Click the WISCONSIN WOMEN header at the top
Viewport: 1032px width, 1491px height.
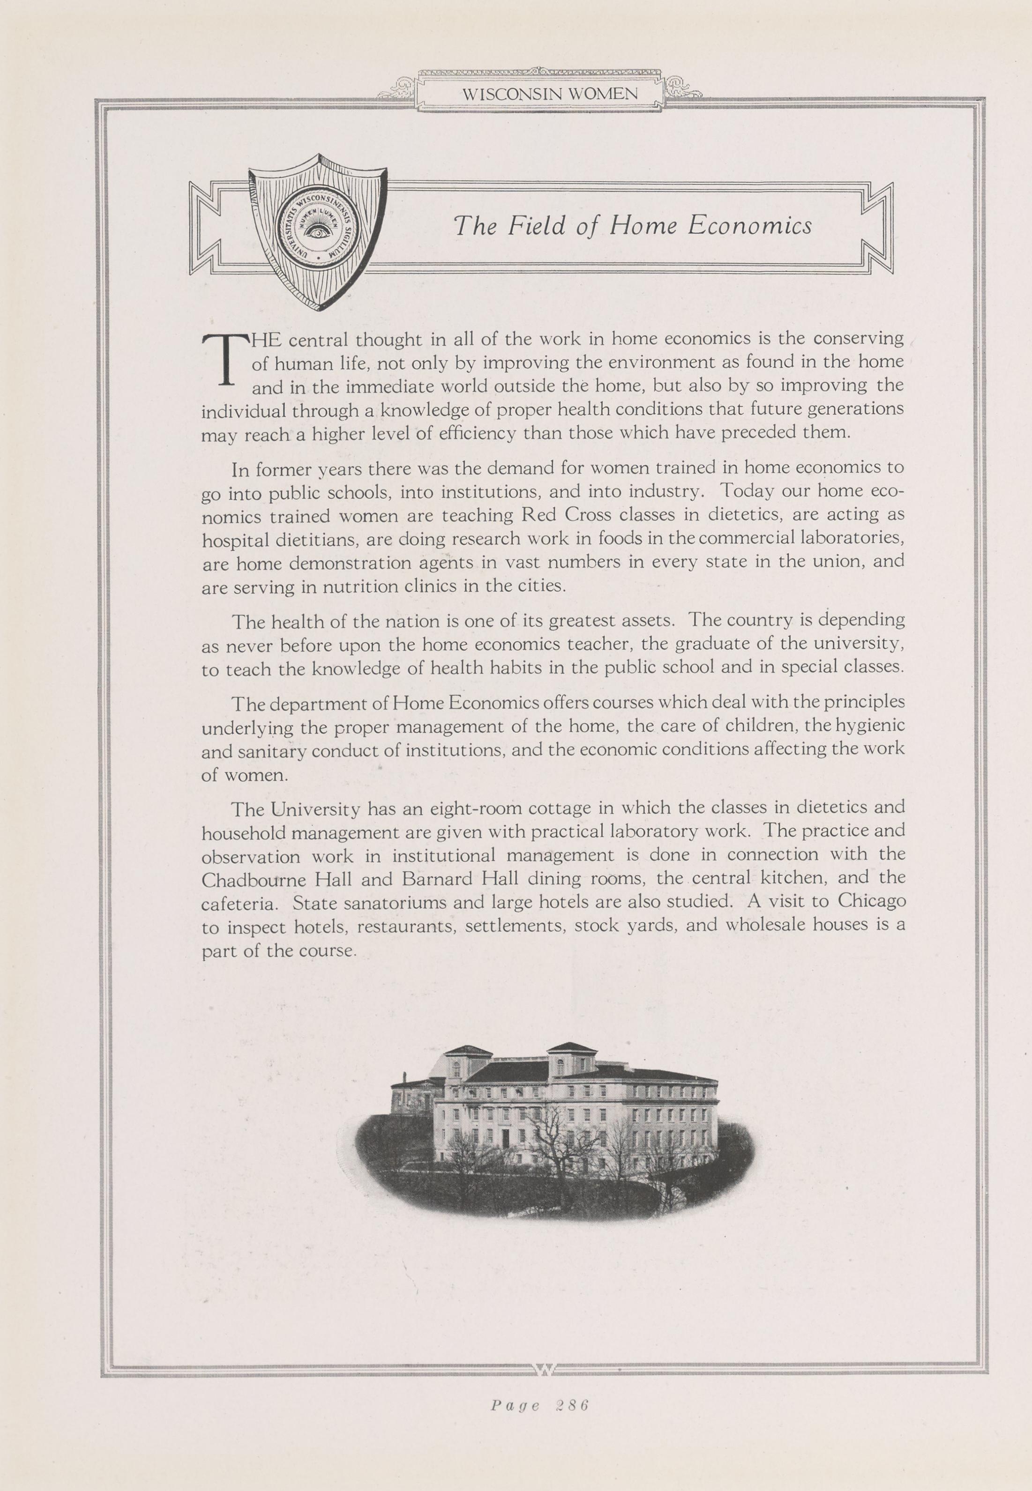click(x=550, y=94)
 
